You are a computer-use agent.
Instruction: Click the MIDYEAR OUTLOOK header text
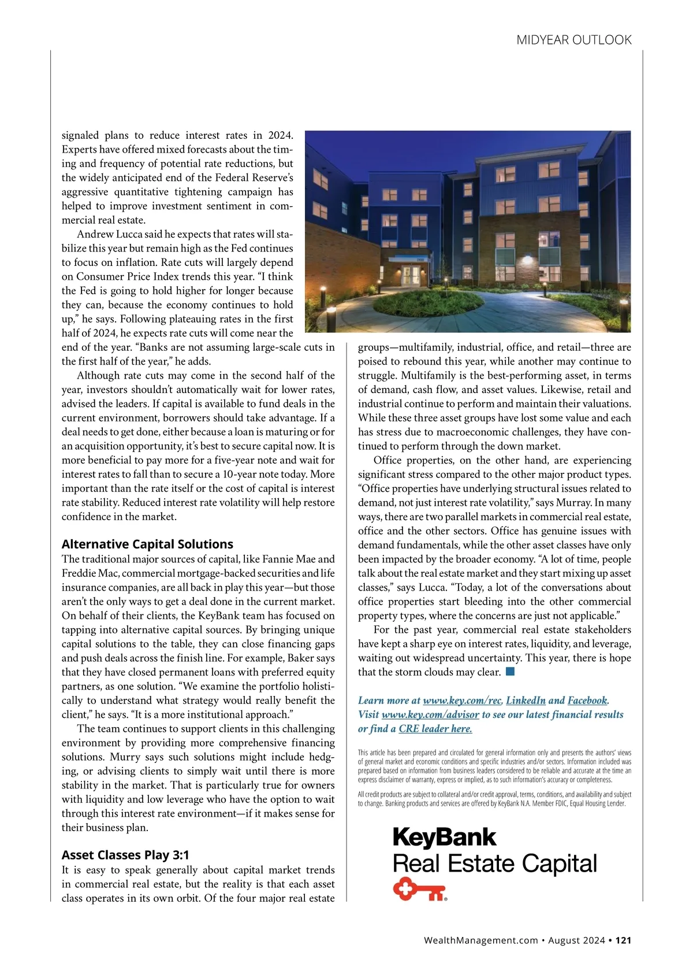coord(573,40)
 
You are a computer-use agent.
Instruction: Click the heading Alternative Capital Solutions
coord(147,544)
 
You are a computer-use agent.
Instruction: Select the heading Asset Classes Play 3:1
coord(125,855)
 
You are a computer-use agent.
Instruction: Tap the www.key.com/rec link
coord(462,701)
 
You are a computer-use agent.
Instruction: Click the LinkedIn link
coord(526,701)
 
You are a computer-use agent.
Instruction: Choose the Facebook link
coord(587,701)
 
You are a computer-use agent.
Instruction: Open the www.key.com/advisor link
coord(430,714)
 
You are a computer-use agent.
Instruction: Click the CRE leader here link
coord(435,729)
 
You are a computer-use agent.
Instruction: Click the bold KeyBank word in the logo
coord(444,837)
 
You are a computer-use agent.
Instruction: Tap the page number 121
coord(623,940)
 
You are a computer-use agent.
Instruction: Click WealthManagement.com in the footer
coord(480,940)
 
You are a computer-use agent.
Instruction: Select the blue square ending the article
coord(510,672)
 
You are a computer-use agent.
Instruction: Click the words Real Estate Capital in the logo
coord(494,863)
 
